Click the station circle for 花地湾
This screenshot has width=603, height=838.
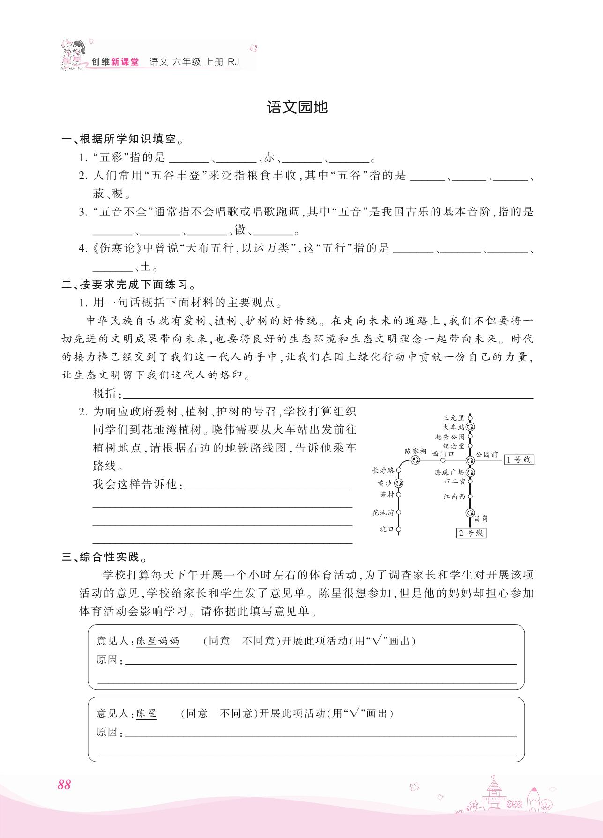point(399,512)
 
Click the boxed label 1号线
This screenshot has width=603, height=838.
point(519,460)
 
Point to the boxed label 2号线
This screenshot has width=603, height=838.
point(471,533)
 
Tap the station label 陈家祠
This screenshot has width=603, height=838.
point(416,451)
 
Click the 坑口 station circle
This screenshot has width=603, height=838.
point(399,530)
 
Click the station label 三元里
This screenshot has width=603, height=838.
point(453,418)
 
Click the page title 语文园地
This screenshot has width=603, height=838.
point(297,108)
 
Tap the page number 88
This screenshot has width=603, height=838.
point(64,785)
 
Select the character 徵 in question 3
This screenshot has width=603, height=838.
point(240,230)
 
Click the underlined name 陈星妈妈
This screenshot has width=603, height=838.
point(157,641)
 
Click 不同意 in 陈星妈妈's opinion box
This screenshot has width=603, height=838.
point(259,641)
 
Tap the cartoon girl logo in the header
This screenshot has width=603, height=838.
point(74,55)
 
